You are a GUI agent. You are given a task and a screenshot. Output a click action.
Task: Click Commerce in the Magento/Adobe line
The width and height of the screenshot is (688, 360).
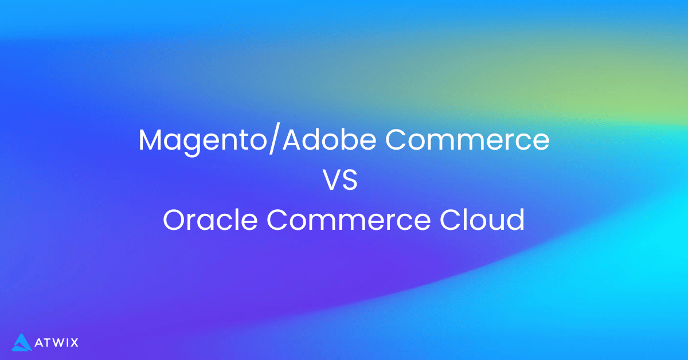[467, 140]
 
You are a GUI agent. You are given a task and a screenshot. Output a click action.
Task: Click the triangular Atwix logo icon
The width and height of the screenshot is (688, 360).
[21, 342]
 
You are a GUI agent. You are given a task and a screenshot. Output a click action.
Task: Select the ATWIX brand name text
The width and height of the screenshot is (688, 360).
[56, 343]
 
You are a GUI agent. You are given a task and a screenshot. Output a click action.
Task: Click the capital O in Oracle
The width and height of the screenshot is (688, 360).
[174, 220]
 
